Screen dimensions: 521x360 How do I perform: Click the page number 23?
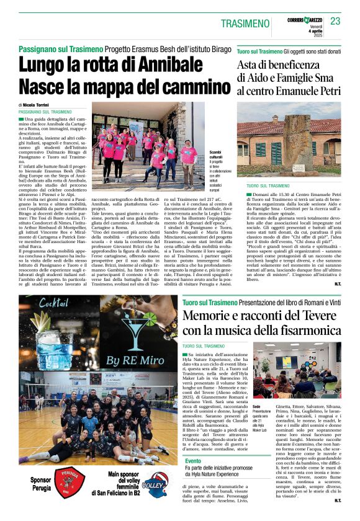click(x=336, y=22)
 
